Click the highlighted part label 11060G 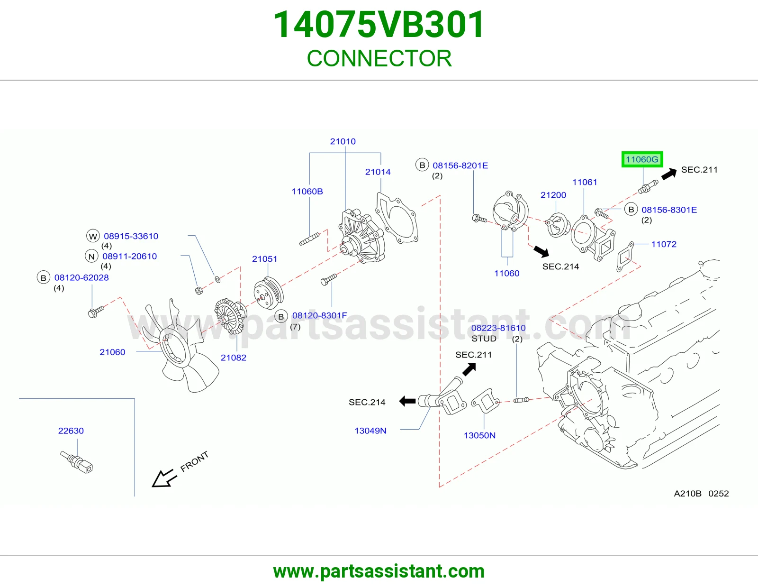tap(642, 160)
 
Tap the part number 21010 tap(343, 141)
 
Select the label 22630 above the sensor tap(71, 431)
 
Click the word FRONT tap(194, 461)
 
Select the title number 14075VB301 tap(379, 25)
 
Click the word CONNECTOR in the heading tap(379, 58)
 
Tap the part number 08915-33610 tap(131, 236)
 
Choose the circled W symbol tap(93, 237)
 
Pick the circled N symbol tap(91, 257)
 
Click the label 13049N tap(370, 431)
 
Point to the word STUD tap(484, 339)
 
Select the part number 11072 tap(664, 244)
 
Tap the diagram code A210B tap(687, 493)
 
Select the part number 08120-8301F tap(319, 315)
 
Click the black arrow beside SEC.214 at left tap(407, 401)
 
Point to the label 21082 tap(234, 358)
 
